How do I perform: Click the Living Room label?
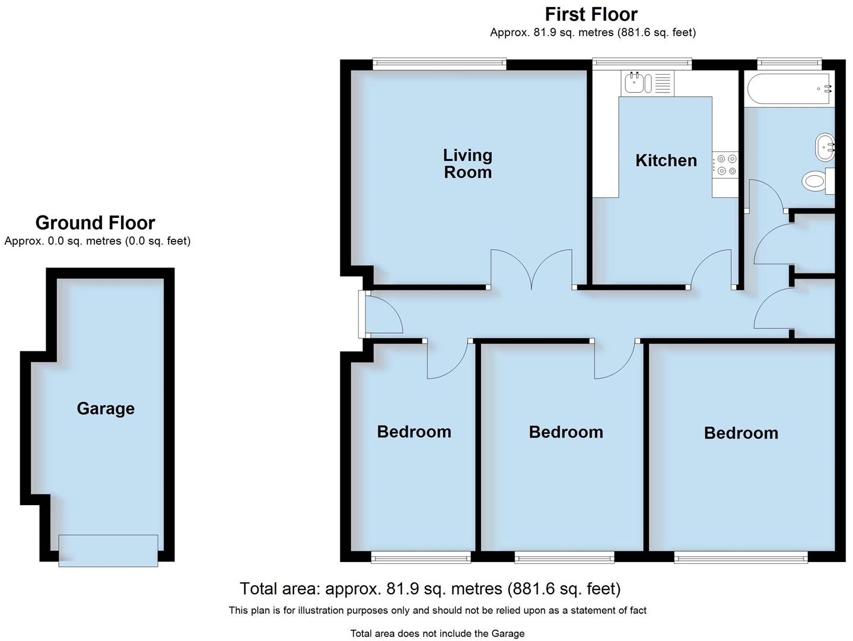pos(467,164)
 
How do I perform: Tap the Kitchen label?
pos(666,160)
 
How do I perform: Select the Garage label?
pos(106,408)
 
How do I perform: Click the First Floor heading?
pos(591,14)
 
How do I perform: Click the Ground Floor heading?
pos(95,223)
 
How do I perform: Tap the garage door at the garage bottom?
pos(108,550)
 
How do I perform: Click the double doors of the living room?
pos(531,270)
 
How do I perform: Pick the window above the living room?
pos(440,64)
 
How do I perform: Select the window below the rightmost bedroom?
pos(740,556)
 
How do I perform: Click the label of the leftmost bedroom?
pos(414,431)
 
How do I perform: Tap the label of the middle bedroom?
pos(565,432)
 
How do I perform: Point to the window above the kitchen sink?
pos(642,64)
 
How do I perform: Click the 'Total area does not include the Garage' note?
pos(437,633)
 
